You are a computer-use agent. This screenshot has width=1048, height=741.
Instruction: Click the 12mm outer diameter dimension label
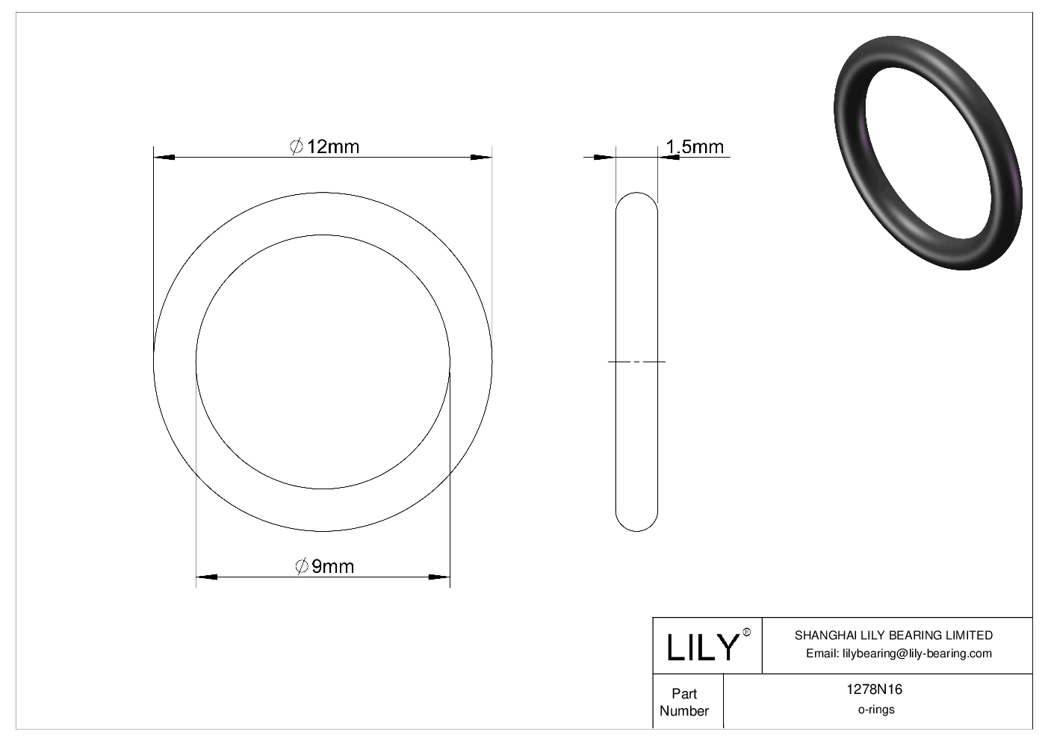[332, 146]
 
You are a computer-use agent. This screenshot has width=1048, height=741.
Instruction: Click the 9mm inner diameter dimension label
[332, 566]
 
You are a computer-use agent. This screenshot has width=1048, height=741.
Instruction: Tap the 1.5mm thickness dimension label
[694, 146]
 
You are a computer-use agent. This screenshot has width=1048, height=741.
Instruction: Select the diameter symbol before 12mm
[296, 146]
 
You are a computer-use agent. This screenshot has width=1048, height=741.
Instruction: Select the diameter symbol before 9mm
[302, 566]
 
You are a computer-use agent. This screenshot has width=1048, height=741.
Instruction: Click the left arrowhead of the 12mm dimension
[164, 157]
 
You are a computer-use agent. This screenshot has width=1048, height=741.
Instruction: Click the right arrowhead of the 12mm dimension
[481, 157]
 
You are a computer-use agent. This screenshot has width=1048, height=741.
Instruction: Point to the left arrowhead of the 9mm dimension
[206, 577]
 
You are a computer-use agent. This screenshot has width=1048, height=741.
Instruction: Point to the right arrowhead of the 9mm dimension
[439, 577]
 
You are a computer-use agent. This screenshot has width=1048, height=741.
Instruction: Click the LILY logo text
[701, 647]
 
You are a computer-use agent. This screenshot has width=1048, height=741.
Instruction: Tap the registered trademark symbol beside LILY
[747, 633]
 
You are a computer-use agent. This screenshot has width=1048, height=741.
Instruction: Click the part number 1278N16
[875, 690]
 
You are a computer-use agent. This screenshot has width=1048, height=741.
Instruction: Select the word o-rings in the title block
[875, 710]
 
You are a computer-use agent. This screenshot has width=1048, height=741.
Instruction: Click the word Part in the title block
[683, 693]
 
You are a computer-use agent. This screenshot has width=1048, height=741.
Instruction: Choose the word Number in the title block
[683, 711]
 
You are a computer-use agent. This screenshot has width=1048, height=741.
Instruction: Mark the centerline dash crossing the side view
[636, 362]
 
